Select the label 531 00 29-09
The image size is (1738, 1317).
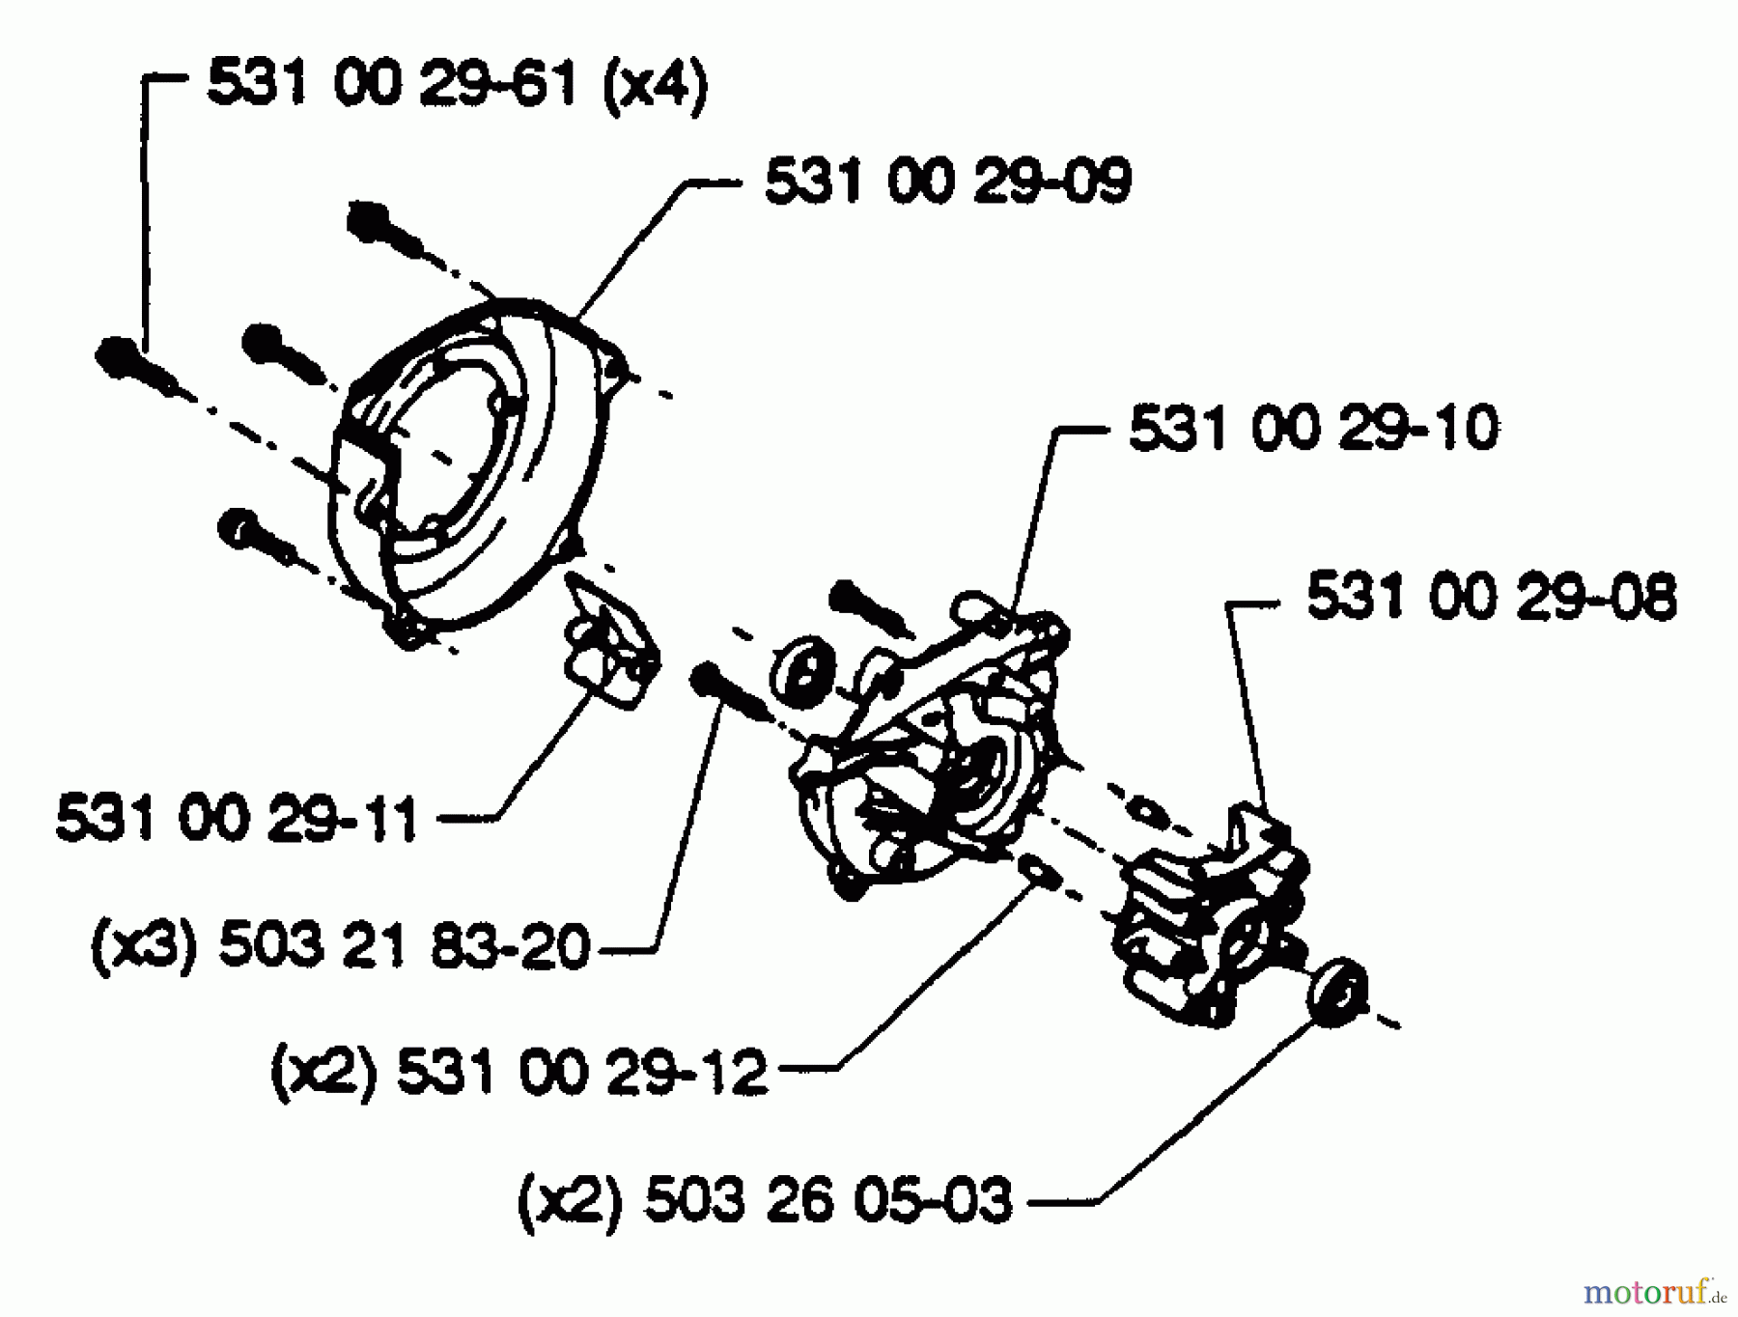(x=947, y=182)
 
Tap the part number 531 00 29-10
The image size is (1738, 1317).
(x=1313, y=429)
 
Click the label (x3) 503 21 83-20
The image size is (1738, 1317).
(x=340, y=947)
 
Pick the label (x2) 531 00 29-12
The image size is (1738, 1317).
(x=519, y=1072)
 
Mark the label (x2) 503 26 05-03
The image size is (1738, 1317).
(x=765, y=1201)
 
